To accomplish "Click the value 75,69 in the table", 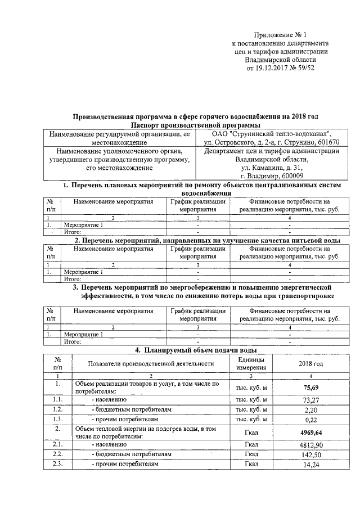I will point(311,388).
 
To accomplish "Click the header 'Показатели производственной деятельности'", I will point(151,363).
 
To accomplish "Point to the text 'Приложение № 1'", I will point(281,35).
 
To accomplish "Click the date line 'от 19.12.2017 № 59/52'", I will point(281,69).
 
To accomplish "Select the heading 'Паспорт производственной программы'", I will point(196,125).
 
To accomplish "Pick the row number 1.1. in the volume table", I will point(57,400).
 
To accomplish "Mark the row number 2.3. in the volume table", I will point(57,465).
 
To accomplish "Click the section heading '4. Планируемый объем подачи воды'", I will point(196,349).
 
